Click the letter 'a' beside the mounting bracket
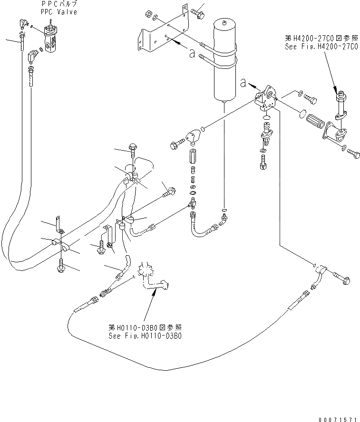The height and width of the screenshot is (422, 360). coord(192,54)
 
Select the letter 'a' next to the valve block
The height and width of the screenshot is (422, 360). coord(243,84)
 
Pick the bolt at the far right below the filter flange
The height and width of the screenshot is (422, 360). coord(353,154)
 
